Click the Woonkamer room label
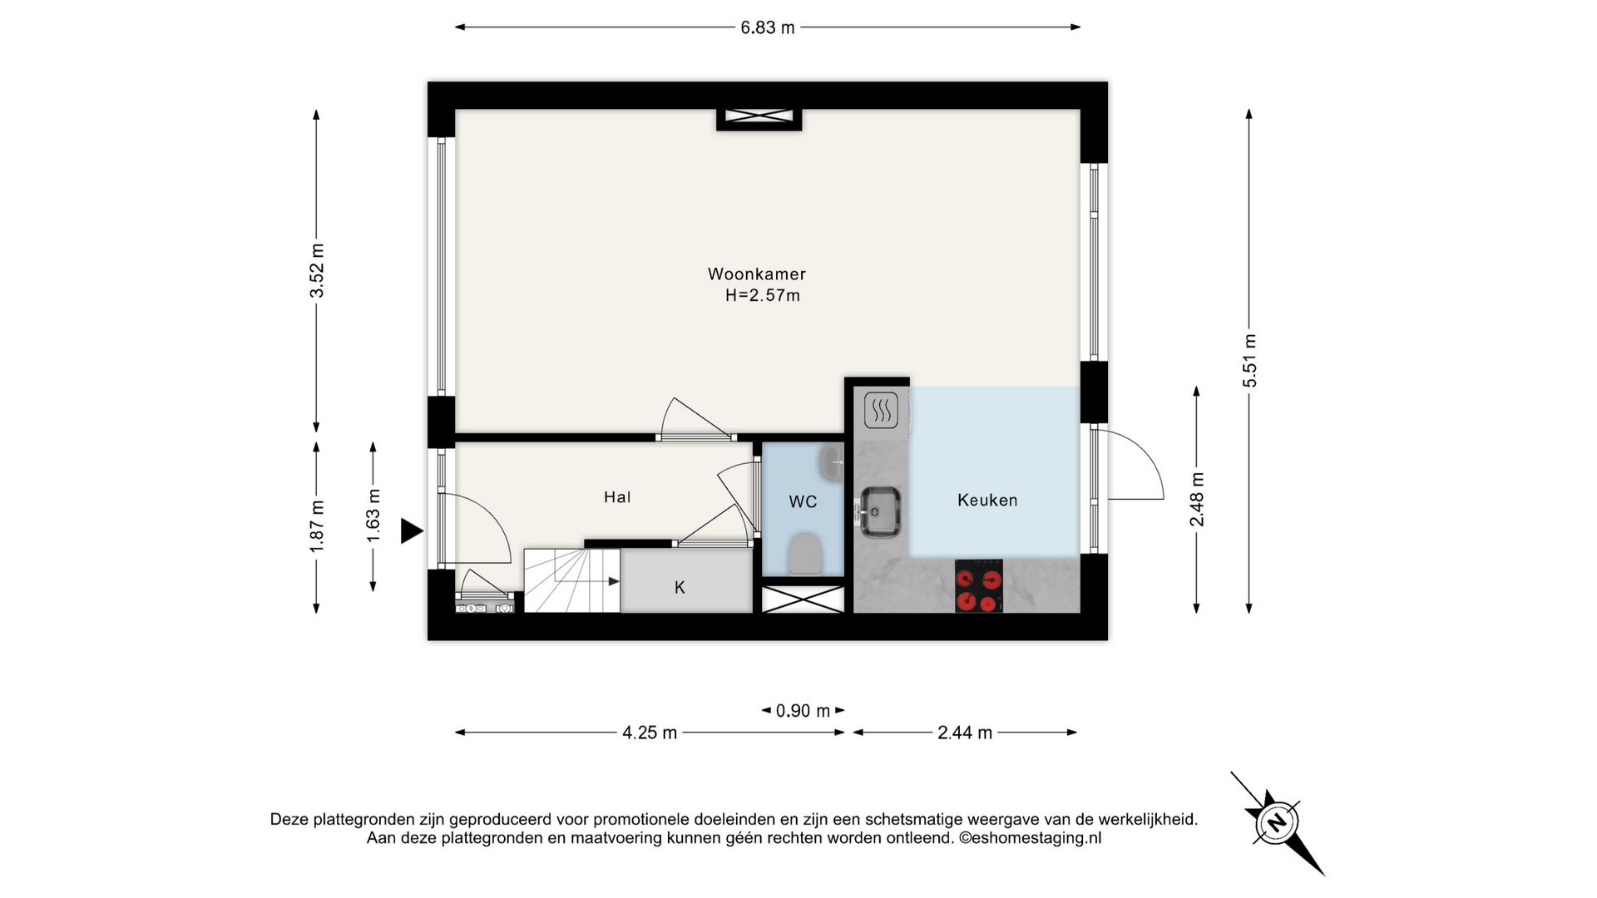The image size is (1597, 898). pyautogui.click(x=756, y=274)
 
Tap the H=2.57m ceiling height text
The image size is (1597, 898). pyautogui.click(x=762, y=295)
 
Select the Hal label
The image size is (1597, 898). pyautogui.click(x=617, y=497)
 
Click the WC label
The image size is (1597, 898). pyautogui.click(x=803, y=501)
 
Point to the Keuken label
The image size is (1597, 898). pyautogui.click(x=987, y=500)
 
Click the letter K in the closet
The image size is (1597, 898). pyautogui.click(x=680, y=588)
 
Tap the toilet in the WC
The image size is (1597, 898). pyautogui.click(x=804, y=554)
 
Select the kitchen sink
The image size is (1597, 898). pyautogui.click(x=880, y=511)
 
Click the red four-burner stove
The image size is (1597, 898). pyautogui.click(x=978, y=586)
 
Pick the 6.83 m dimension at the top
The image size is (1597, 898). pyautogui.click(x=768, y=27)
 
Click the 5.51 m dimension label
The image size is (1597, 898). pyautogui.click(x=1249, y=360)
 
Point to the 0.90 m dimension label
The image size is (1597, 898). pyautogui.click(x=803, y=711)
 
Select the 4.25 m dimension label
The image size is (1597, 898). pyautogui.click(x=650, y=733)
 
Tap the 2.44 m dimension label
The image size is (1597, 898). pyautogui.click(x=965, y=733)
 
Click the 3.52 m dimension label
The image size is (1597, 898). pyautogui.click(x=317, y=270)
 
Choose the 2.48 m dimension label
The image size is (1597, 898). pyautogui.click(x=1197, y=499)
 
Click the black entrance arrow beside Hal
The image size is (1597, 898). pyautogui.click(x=412, y=530)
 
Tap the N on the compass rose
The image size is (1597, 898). pyautogui.click(x=1276, y=822)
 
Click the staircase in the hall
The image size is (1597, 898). pyautogui.click(x=571, y=580)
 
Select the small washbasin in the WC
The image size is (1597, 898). pyautogui.click(x=831, y=464)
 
